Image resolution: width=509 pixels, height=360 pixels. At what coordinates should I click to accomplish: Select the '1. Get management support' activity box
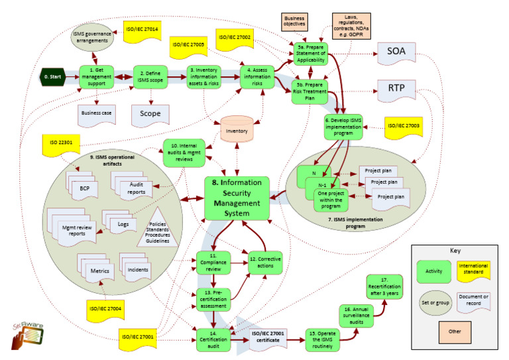[x=97, y=76]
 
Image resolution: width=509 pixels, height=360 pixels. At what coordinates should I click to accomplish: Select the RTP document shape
[x=396, y=90]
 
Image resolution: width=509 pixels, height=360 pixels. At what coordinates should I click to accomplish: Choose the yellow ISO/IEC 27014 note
[x=142, y=31]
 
